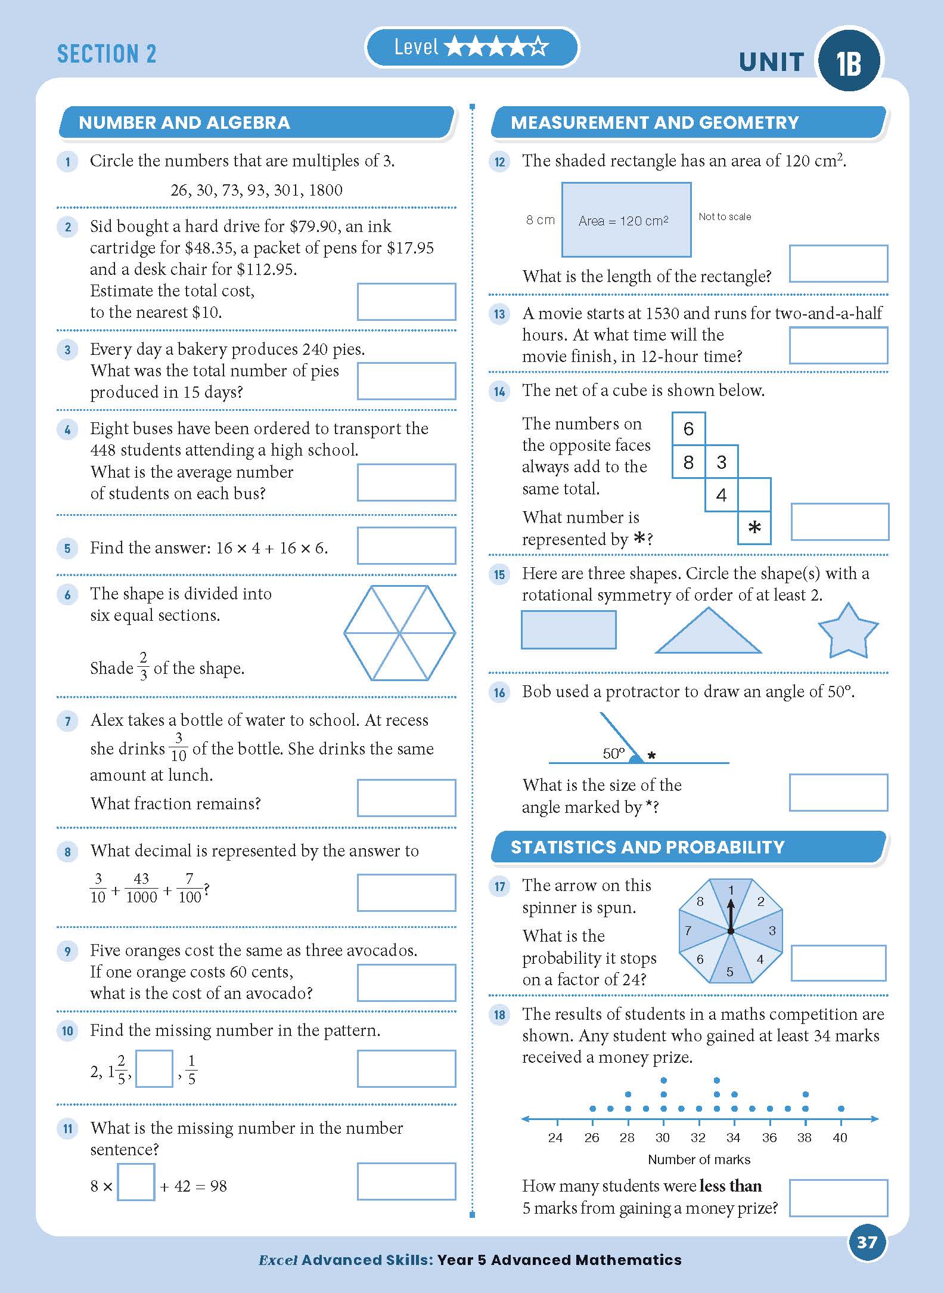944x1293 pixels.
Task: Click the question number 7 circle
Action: click(67, 722)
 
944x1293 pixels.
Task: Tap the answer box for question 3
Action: click(406, 381)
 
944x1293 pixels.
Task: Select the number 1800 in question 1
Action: click(326, 190)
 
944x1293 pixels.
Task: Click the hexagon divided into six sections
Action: click(400, 633)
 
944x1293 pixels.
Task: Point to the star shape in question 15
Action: click(847, 632)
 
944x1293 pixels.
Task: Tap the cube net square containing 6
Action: click(688, 428)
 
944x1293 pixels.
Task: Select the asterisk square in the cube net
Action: click(754, 528)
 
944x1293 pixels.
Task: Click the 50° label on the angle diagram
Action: click(614, 753)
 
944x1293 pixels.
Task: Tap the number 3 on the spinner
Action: click(772, 930)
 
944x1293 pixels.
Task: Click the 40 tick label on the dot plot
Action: click(840, 1137)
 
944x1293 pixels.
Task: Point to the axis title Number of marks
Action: click(698, 1159)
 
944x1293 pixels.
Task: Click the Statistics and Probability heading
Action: click(647, 847)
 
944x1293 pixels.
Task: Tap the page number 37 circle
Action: click(867, 1242)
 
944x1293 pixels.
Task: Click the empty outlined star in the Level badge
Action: click(538, 47)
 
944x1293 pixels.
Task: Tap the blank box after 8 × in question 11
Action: click(136, 1181)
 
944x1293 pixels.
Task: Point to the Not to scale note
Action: click(725, 217)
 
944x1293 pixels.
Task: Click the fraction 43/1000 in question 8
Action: click(141, 888)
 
